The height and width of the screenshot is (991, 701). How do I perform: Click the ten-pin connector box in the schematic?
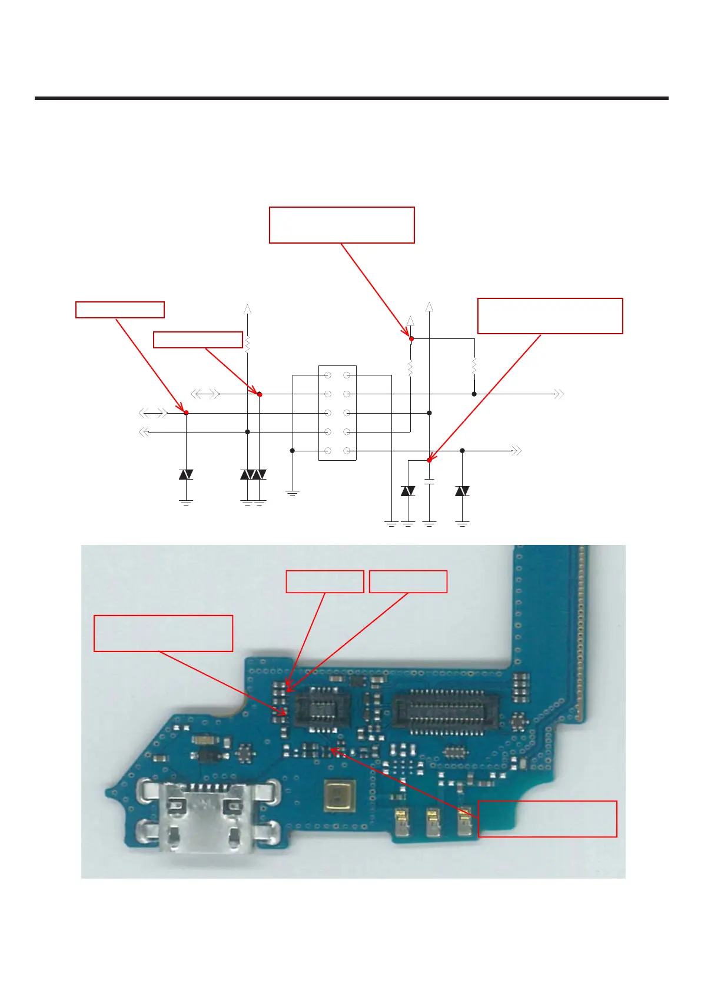337,413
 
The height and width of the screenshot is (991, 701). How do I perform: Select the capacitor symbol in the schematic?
430,482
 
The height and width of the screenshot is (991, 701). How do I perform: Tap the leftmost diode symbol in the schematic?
186,474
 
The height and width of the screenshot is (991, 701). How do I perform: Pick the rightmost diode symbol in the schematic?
462,491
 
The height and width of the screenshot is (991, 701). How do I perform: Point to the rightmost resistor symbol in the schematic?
474,367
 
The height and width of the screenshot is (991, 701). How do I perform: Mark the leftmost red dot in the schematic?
186,413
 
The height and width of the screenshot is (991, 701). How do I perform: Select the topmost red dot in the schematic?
411,338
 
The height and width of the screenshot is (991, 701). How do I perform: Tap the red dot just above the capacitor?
430,460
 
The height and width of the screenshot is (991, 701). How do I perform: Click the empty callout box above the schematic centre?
341,225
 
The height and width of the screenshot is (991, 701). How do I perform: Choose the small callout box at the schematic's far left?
119,310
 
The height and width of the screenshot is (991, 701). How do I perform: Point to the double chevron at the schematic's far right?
559,394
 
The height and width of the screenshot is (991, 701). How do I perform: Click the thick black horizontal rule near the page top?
351,98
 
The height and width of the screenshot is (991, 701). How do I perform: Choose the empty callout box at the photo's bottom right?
547,819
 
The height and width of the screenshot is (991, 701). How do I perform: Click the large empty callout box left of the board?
163,633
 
